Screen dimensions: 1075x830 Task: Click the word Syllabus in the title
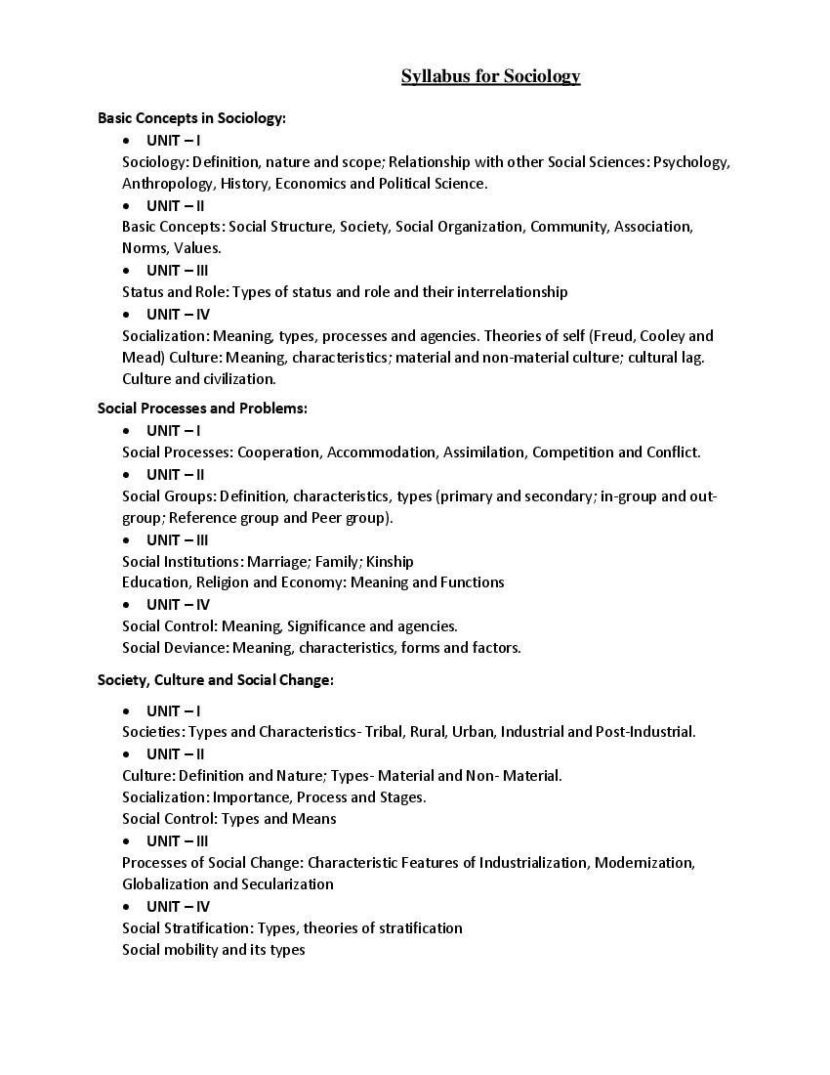(436, 76)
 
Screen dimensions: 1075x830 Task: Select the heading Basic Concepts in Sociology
(191, 118)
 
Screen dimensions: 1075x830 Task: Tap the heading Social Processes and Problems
(202, 408)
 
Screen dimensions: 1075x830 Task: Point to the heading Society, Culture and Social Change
(215, 680)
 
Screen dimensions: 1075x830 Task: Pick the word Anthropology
(167, 184)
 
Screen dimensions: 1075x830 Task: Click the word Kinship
(390, 561)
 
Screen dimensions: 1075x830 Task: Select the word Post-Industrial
(644, 732)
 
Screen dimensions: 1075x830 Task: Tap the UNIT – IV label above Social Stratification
(178, 907)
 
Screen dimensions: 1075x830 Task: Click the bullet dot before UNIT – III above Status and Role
(127, 271)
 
